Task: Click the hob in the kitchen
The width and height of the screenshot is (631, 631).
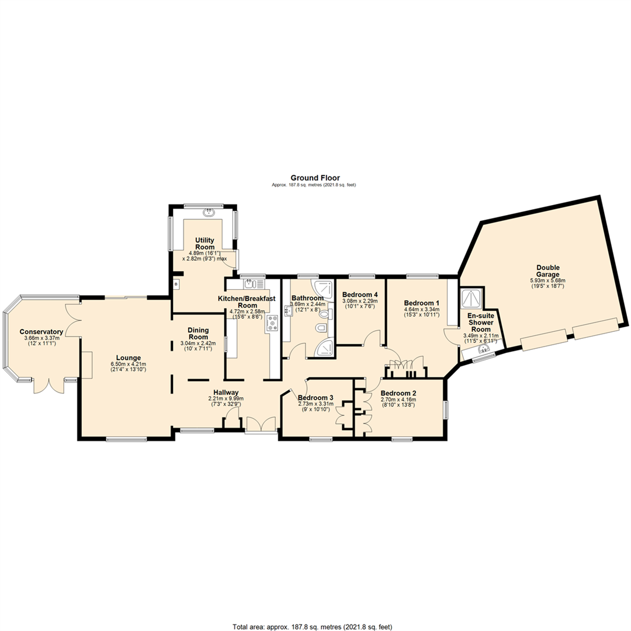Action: tap(272, 323)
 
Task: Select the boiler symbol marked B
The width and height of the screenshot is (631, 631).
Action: tap(176, 284)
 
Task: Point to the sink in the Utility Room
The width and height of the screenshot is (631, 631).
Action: tap(209, 212)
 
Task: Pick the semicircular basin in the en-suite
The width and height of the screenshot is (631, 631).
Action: tap(481, 350)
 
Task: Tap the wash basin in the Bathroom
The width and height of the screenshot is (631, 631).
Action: tap(288, 311)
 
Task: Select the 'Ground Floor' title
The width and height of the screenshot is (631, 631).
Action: tap(315, 178)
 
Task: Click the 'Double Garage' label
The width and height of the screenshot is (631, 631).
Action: tap(547, 271)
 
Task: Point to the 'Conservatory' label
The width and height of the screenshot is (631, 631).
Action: tap(41, 332)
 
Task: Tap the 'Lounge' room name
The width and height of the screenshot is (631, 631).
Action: tap(129, 358)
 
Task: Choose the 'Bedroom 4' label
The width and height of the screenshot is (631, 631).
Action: tap(360, 294)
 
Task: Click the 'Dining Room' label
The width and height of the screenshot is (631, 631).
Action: tap(198, 334)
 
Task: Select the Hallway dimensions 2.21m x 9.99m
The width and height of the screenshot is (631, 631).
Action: tap(226, 398)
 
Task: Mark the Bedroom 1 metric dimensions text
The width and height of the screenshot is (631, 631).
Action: tap(422, 310)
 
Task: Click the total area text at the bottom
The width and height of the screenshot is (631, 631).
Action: tap(312, 627)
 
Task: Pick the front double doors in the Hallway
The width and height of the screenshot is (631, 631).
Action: tap(261, 425)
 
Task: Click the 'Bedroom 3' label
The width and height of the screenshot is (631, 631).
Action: tap(315, 398)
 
